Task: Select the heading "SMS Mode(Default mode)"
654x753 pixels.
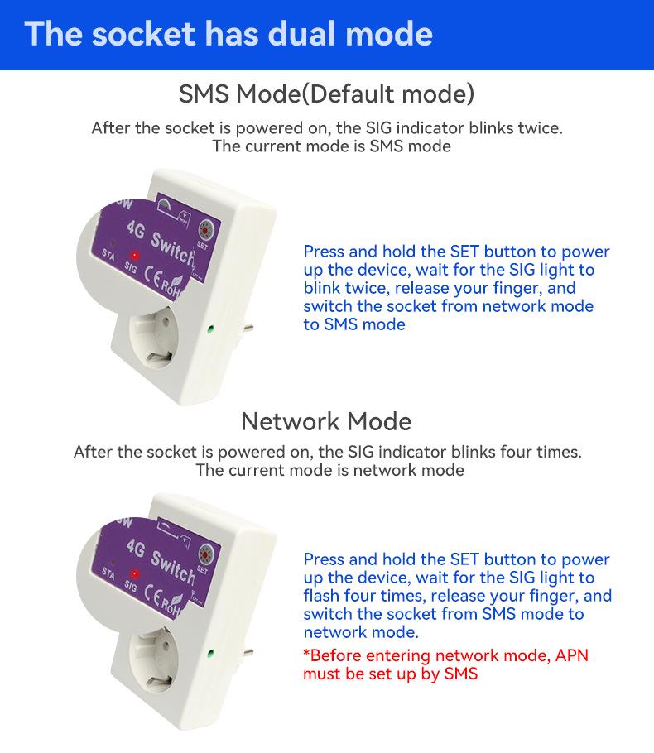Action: tap(326, 93)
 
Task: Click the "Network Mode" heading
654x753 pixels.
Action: tap(326, 421)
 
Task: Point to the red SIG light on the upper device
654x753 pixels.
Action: tap(133, 255)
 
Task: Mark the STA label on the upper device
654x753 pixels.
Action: tap(108, 252)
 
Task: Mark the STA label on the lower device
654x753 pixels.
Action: tap(108, 572)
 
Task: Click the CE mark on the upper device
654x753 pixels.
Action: tap(155, 275)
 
